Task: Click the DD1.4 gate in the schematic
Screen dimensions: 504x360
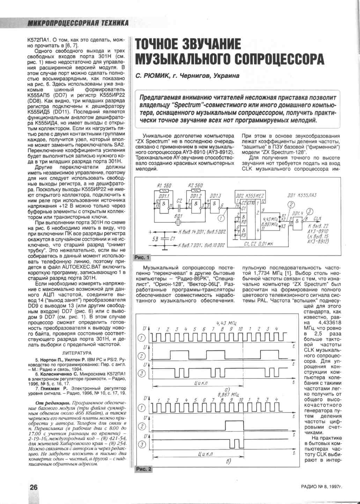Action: [298, 221]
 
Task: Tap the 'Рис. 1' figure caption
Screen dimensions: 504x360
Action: [142, 257]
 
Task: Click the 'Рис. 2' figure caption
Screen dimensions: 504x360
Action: [144, 469]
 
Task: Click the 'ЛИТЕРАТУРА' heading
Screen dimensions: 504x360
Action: [76, 353]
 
